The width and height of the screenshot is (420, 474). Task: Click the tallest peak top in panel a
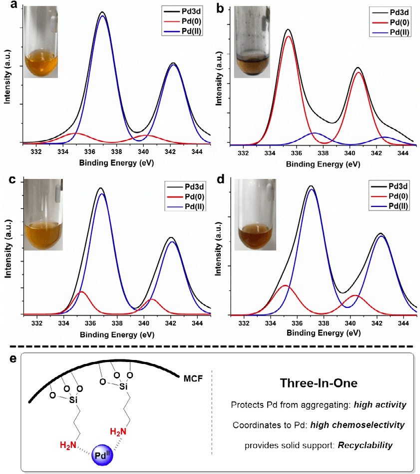(x=102, y=12)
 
